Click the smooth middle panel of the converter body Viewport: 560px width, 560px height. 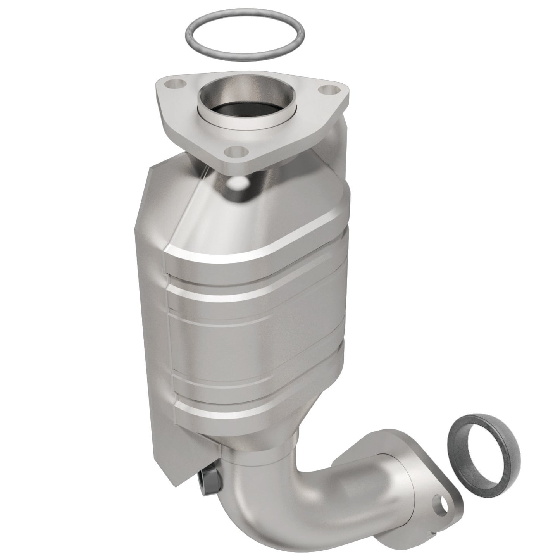point(256,341)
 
